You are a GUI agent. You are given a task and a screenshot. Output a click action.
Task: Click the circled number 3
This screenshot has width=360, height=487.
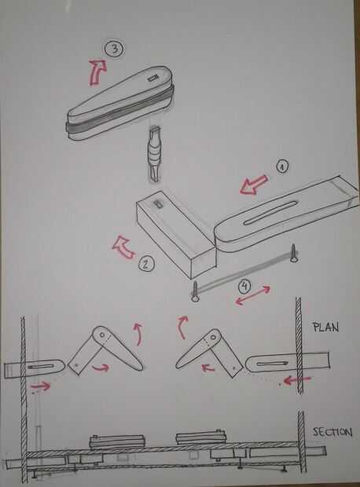[x=114, y=49]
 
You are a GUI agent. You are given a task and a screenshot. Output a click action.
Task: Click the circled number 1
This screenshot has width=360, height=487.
[x=282, y=167]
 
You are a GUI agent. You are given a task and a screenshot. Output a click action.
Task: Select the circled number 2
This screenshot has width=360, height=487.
[x=145, y=264]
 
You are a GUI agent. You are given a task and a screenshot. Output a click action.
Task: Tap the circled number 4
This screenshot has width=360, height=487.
[x=244, y=287]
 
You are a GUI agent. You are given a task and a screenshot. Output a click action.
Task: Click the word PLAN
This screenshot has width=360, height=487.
[x=325, y=328]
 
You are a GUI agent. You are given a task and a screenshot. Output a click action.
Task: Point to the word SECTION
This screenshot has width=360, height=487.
[x=332, y=432]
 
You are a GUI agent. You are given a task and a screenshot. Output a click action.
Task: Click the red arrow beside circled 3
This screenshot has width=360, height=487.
[x=97, y=72]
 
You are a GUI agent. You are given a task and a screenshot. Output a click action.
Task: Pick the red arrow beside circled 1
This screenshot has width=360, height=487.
[x=254, y=185]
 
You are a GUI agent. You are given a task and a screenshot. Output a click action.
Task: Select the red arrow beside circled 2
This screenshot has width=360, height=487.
[x=123, y=247]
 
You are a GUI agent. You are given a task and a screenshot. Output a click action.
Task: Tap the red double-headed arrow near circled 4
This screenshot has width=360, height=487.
[x=253, y=295]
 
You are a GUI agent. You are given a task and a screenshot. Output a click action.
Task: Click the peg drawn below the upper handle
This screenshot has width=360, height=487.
[x=155, y=155]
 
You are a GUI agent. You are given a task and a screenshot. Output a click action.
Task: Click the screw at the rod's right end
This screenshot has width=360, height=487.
[x=293, y=253]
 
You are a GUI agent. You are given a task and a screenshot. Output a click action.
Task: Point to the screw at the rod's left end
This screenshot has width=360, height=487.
[x=195, y=291]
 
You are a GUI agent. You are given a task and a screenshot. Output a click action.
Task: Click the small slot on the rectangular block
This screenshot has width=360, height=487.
[x=158, y=204]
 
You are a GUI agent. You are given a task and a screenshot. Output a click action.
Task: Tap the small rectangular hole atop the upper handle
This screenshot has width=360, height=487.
[x=152, y=79]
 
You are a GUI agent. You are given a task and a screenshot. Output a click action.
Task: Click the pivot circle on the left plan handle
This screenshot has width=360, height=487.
[x=102, y=335]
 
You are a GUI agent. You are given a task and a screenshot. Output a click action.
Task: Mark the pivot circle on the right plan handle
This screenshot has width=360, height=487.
[x=213, y=338]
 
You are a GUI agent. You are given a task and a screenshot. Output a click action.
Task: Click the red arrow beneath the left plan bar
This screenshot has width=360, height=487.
[x=40, y=386]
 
